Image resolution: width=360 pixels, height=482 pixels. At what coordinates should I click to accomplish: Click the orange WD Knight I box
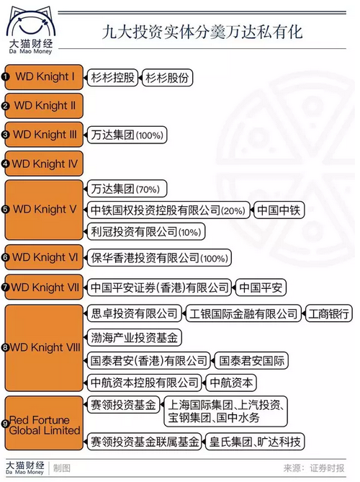click(x=44, y=77)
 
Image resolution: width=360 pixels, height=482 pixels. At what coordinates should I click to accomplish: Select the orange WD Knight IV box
click(x=44, y=164)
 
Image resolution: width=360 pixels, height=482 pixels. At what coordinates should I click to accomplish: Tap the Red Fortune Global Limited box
click(x=44, y=423)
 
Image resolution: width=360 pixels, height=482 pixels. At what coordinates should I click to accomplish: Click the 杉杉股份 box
click(x=168, y=78)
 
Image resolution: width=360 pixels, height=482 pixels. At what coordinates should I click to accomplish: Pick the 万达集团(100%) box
click(x=127, y=135)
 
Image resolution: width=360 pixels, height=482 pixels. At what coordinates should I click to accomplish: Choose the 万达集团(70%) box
click(x=127, y=189)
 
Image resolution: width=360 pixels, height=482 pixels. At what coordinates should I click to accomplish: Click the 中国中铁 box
click(x=279, y=210)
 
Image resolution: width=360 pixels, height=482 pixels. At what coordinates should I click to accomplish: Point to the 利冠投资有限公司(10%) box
click(x=146, y=232)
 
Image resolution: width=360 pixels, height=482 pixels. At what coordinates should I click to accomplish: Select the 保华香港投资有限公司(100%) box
click(x=159, y=258)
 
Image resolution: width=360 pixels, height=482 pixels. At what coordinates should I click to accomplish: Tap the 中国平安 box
click(x=261, y=287)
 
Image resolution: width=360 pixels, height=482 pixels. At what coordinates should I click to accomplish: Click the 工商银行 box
click(x=328, y=313)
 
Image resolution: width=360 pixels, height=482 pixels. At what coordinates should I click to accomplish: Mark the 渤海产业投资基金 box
click(x=135, y=337)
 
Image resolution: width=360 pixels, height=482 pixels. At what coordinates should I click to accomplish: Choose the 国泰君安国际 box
click(x=252, y=360)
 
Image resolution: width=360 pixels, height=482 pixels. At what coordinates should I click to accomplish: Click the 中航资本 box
click(x=231, y=383)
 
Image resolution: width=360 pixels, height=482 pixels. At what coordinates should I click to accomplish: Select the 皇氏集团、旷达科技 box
click(x=255, y=442)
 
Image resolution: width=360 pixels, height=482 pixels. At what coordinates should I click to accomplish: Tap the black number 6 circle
click(x=6, y=257)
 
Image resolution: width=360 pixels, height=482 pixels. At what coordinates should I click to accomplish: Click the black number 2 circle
click(x=6, y=106)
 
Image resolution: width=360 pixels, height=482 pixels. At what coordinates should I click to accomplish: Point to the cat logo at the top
click(x=31, y=30)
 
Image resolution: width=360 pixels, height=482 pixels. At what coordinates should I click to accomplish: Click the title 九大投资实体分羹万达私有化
click(x=202, y=32)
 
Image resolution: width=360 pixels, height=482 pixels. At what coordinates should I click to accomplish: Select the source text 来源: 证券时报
click(x=314, y=468)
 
